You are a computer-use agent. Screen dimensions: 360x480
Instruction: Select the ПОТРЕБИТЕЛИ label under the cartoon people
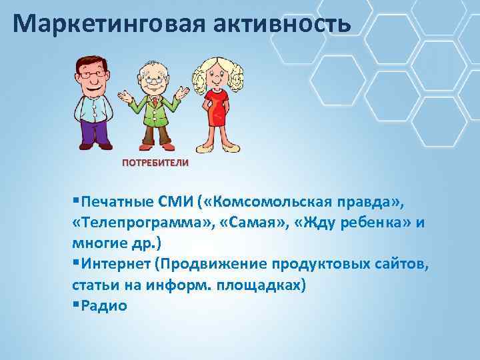[155, 163]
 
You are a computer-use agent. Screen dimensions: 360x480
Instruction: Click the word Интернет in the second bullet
[114, 265]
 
